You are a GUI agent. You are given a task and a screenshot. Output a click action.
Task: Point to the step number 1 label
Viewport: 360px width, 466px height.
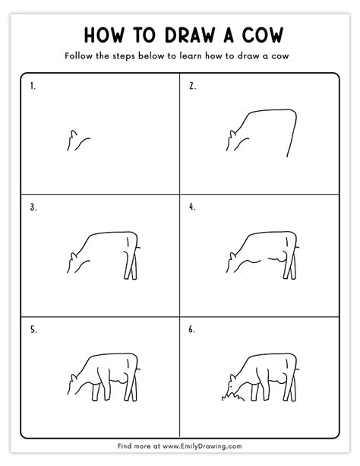(33, 87)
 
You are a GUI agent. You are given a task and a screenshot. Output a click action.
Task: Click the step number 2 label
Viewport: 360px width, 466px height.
(191, 87)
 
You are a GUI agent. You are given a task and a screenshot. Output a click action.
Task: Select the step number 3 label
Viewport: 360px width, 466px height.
(33, 206)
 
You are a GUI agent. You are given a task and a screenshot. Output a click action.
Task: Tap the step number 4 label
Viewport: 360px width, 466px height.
(192, 206)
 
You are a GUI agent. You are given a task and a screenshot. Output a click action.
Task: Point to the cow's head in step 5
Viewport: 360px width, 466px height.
(74, 382)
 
